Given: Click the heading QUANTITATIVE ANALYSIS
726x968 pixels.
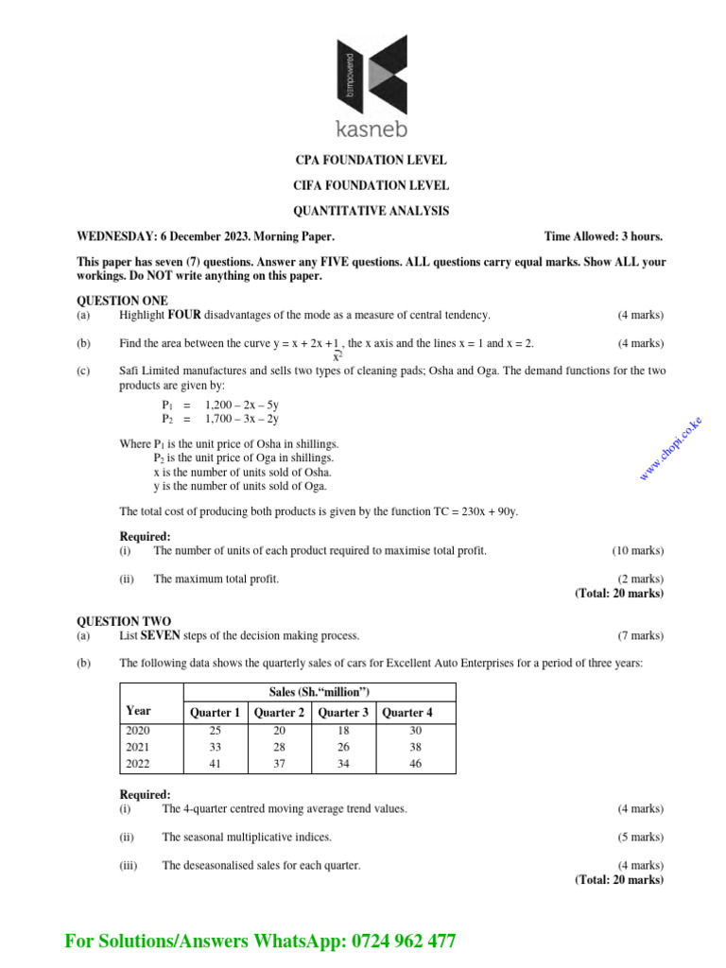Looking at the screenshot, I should pyautogui.click(x=371, y=211).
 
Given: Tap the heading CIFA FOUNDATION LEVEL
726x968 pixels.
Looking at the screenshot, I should pyautogui.click(x=371, y=185).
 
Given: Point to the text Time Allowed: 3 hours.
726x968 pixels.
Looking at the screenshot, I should pyautogui.click(x=603, y=236).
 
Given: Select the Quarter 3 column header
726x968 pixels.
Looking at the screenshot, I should pyautogui.click(x=343, y=713).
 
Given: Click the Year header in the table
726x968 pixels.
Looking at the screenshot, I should pyautogui.click(x=138, y=711).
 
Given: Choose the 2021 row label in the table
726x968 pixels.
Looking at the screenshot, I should pyautogui.click(x=137, y=747).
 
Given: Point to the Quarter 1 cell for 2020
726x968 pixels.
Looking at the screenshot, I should pyautogui.click(x=215, y=731).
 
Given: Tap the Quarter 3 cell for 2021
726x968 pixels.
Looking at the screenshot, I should pyautogui.click(x=343, y=747).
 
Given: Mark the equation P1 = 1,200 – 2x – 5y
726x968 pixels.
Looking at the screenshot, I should pyautogui.click(x=219, y=404).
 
